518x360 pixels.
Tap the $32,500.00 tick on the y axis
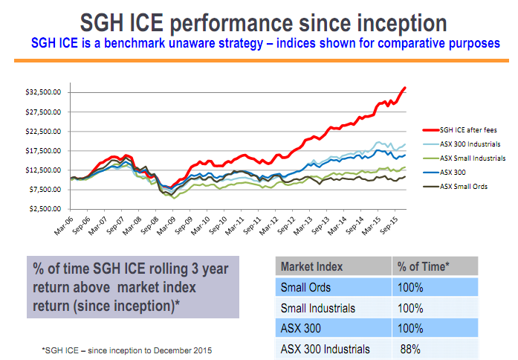[x=43, y=92]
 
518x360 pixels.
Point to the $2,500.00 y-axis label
[x=45, y=209]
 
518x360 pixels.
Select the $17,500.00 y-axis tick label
[x=43, y=151]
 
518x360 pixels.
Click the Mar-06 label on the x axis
[x=64, y=226]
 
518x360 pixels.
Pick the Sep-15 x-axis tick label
[x=389, y=225]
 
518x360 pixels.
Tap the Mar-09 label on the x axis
[x=166, y=226]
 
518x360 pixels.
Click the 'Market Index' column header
[x=311, y=266]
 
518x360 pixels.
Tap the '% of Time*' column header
[x=423, y=266]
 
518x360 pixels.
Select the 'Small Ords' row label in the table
[x=305, y=287]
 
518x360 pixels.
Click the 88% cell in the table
[x=410, y=349]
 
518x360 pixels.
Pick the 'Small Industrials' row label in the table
[x=318, y=308]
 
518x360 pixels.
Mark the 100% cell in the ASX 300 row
[x=410, y=328]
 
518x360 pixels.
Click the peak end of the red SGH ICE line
[x=405, y=88]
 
